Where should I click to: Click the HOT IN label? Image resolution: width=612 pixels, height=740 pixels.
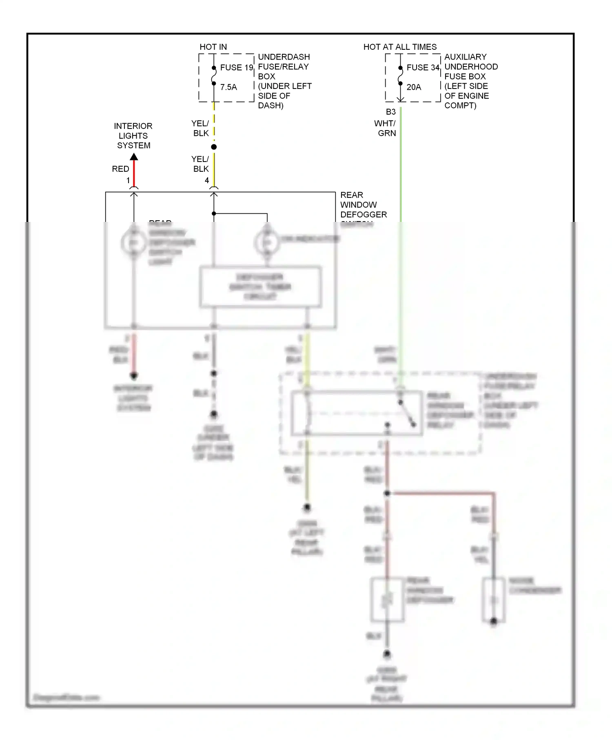pos(213,47)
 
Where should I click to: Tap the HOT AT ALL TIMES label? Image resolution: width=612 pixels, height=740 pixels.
pos(400,47)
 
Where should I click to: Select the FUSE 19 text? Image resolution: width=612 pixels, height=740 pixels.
pos(237,67)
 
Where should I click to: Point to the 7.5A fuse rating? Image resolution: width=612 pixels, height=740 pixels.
pos(228,87)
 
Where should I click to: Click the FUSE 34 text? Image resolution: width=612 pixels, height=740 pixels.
pos(423,67)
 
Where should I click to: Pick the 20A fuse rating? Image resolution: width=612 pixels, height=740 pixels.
pos(414,87)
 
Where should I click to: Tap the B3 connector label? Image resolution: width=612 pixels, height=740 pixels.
pos(390,112)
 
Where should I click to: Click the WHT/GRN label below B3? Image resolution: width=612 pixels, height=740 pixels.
pos(385,128)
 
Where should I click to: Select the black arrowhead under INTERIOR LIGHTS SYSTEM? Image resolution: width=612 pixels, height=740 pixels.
pos(134,157)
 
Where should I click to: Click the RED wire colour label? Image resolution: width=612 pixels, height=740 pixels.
pos(120,169)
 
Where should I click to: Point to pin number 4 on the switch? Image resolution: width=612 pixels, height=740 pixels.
pos(207,180)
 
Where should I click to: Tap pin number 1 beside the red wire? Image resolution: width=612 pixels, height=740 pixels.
pos(128,180)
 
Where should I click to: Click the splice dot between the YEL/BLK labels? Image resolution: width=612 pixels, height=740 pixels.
pos(214,147)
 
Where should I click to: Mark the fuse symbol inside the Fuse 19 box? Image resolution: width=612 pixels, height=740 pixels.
pos(214,76)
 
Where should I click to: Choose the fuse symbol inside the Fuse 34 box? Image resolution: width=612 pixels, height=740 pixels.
pos(400,76)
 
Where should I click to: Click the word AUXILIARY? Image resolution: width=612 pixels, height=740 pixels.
pos(465,57)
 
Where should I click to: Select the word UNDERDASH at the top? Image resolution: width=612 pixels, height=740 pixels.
pos(284,57)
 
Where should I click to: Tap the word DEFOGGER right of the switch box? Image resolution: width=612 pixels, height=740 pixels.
pos(364,214)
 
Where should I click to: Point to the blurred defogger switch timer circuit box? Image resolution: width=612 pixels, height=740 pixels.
pos(260,287)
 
